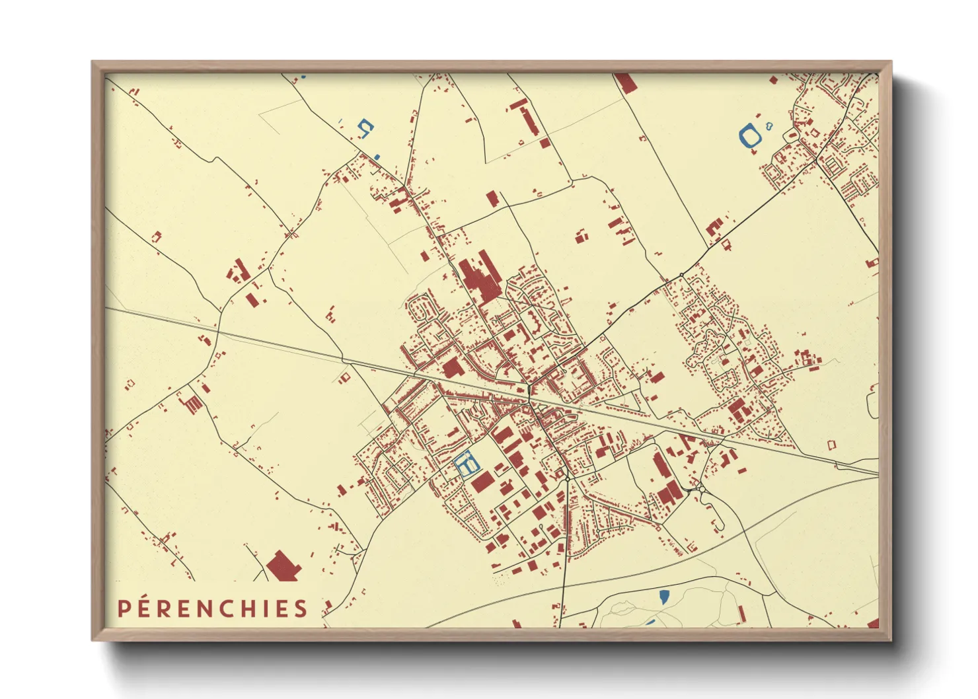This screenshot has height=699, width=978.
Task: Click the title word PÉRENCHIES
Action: [213, 608]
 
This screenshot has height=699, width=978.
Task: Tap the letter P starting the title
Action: [124, 608]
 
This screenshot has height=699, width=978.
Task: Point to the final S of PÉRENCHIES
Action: [301, 608]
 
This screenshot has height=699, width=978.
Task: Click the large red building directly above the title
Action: [283, 567]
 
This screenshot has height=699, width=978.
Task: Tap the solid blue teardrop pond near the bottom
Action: [663, 597]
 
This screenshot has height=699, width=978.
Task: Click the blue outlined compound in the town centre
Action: [466, 463]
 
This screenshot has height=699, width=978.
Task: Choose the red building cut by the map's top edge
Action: [624, 82]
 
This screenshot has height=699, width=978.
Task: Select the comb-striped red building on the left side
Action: [190, 403]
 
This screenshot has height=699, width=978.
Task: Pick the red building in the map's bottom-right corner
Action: [873, 623]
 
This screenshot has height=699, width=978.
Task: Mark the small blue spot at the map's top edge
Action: [303, 77]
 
